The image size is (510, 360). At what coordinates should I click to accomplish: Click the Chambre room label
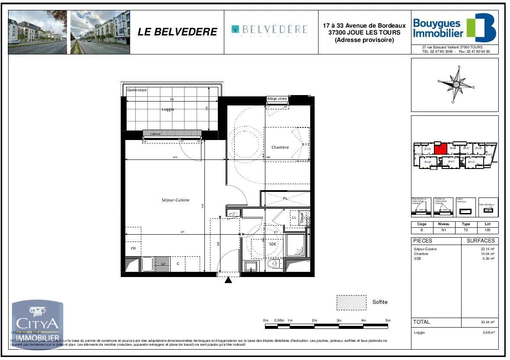pyautogui.click(x=280, y=147)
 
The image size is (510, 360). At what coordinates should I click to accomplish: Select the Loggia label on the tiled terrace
pyautogui.click(x=168, y=109)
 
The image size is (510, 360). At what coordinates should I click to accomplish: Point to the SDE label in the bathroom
pyautogui.click(x=272, y=244)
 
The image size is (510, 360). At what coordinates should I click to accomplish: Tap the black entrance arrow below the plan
pyautogui.click(x=228, y=280)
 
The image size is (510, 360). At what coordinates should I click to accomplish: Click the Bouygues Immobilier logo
pyautogui.click(x=454, y=28)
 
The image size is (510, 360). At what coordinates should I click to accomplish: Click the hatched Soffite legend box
pyautogui.click(x=351, y=303)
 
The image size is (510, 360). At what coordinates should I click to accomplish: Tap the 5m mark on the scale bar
pyautogui.click(x=388, y=320)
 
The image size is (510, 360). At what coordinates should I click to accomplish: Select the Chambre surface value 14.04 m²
pyautogui.click(x=488, y=254)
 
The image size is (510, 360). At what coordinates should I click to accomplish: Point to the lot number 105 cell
pyautogui.click(x=488, y=230)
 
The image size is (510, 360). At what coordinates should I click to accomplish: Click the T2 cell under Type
pyautogui.click(x=465, y=230)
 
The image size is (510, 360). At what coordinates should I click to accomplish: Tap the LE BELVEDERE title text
pyautogui.click(x=177, y=32)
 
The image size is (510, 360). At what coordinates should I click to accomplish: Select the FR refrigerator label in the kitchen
pyautogui.click(x=133, y=248)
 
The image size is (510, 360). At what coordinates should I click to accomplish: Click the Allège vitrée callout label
pyautogui.click(x=277, y=99)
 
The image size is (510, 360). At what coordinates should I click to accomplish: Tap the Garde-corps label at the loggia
pyautogui.click(x=137, y=90)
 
